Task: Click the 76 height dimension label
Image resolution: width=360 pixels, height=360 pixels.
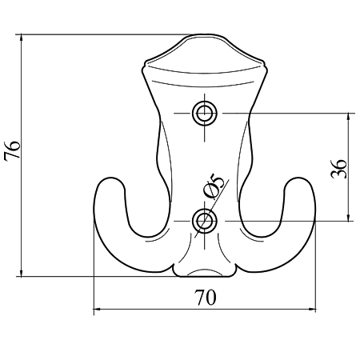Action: tap(12, 150)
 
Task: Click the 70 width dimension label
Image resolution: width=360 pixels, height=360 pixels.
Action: tap(205, 298)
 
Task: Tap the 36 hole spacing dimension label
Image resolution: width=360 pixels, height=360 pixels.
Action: tap(338, 169)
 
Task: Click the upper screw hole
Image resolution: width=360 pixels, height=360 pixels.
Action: tap(205, 114)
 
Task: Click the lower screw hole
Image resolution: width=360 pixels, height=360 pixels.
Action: tap(205, 221)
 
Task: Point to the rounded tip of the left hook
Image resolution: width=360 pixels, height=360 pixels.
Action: tap(110, 178)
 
